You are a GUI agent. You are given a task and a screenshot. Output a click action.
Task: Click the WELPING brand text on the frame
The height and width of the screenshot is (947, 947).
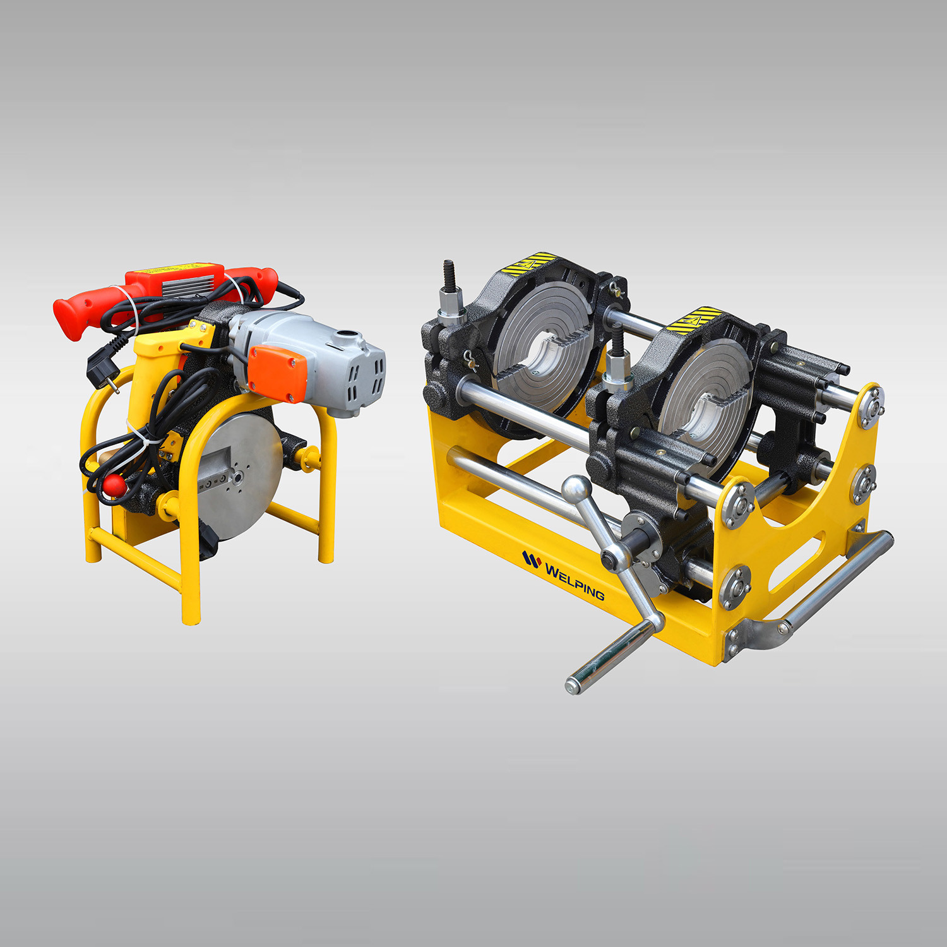[575, 582]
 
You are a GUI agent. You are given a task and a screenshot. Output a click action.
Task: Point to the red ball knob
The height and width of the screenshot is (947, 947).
[114, 485]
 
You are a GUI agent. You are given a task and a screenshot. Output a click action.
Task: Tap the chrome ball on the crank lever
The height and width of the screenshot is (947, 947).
[576, 489]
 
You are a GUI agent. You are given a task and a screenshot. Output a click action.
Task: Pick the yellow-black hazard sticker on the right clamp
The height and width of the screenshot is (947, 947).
[695, 319]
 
